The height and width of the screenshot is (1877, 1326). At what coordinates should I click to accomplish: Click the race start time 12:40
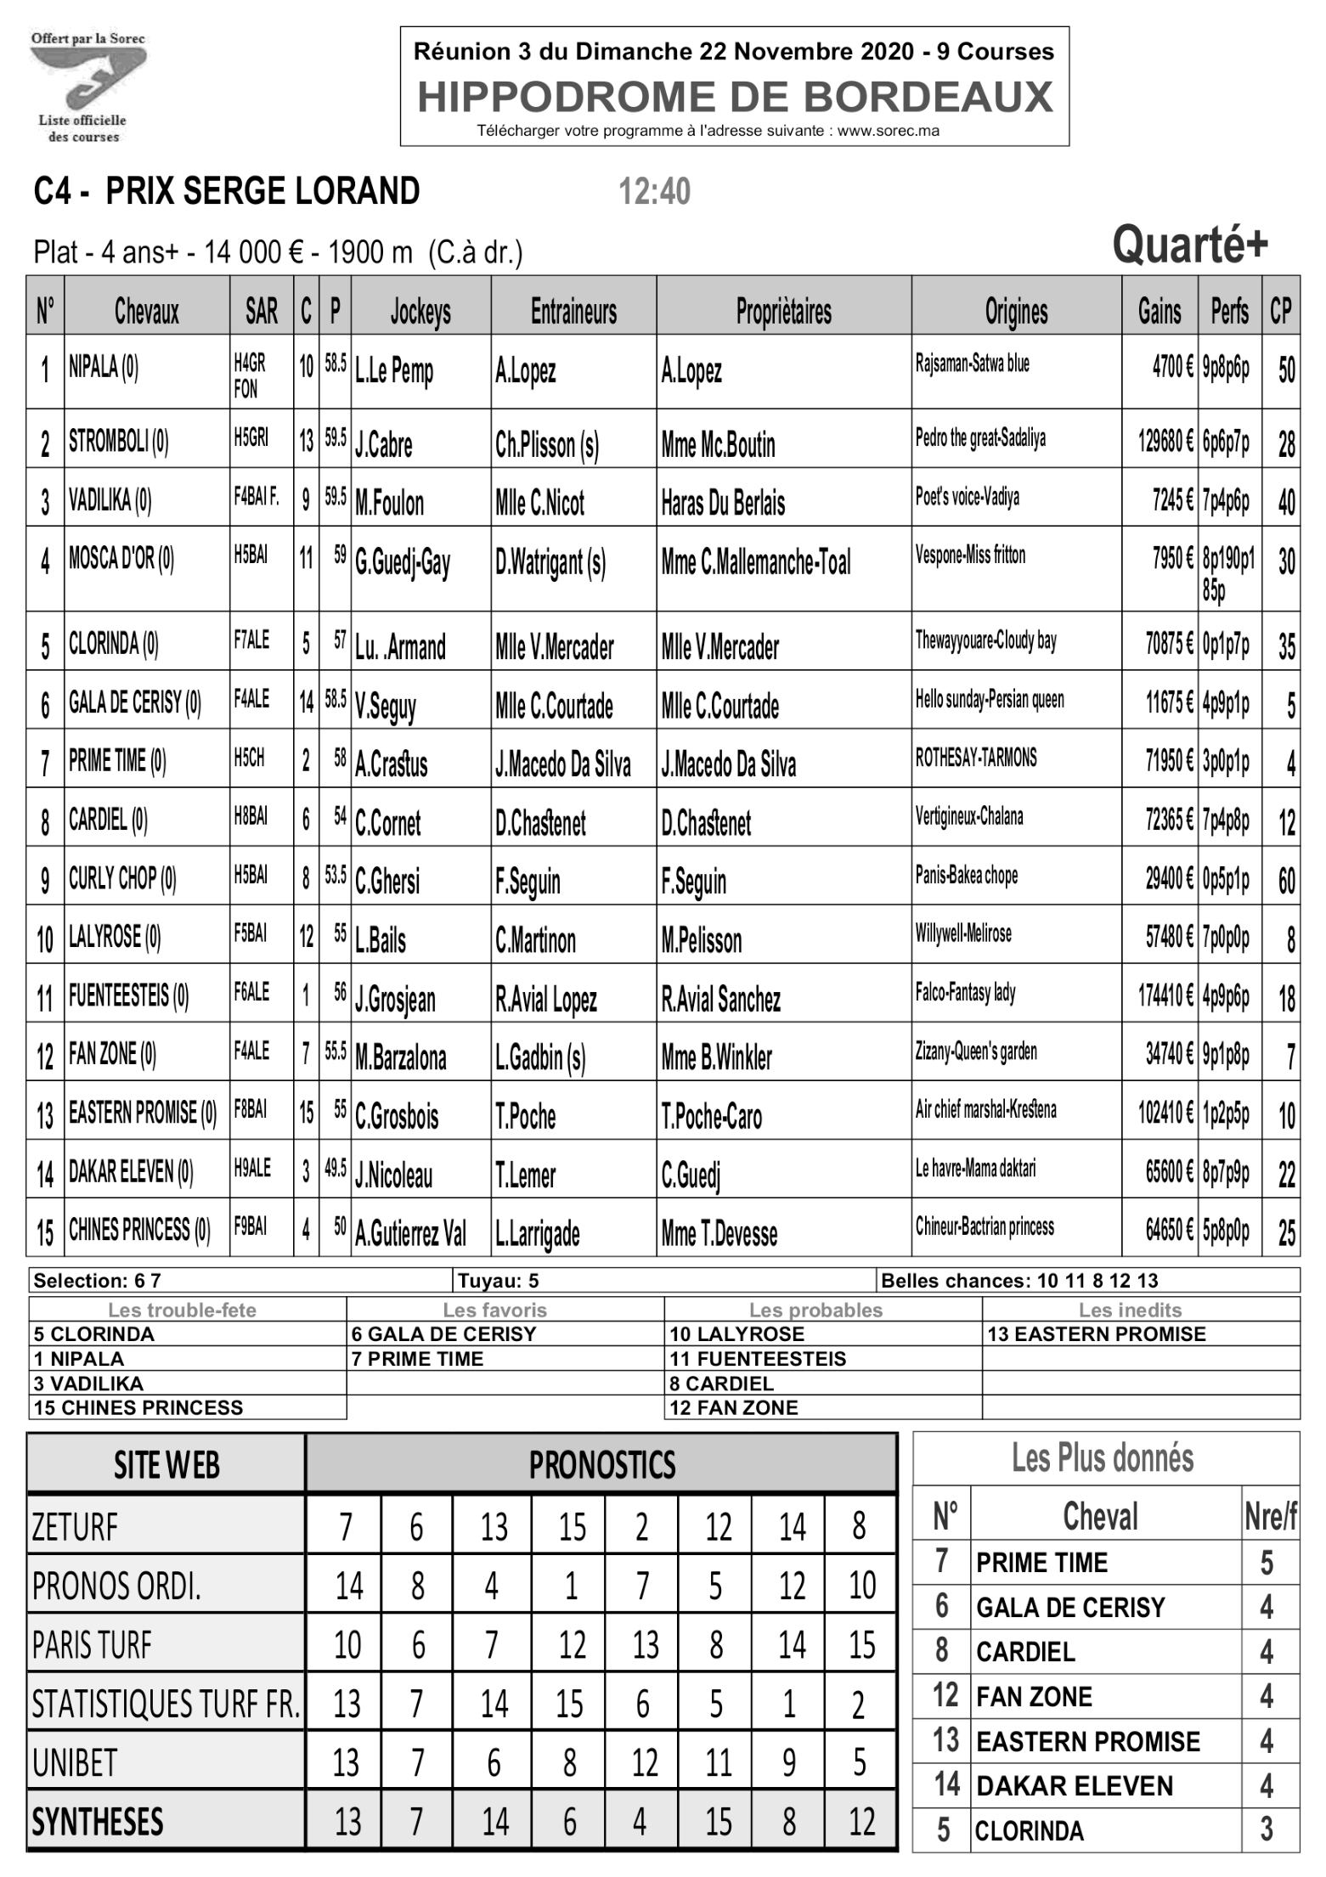(654, 192)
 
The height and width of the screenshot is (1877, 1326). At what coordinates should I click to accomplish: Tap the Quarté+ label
(1190, 245)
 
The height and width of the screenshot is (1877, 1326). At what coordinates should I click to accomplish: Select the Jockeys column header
(420, 312)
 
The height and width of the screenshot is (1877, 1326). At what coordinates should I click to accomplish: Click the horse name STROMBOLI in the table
(118, 442)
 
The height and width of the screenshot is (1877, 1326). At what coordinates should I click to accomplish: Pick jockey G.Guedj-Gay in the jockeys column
(403, 562)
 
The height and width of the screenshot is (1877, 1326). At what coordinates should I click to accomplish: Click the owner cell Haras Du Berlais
(723, 503)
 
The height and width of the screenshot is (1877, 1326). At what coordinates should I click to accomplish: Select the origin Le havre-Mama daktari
(975, 1169)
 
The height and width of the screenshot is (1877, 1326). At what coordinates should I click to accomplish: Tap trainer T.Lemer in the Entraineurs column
(525, 1175)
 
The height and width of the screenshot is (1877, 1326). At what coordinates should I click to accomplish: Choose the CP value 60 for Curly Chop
(1286, 880)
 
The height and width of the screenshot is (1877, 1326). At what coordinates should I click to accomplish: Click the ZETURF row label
(75, 1527)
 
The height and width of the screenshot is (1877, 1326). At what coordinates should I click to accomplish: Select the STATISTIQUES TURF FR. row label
(166, 1704)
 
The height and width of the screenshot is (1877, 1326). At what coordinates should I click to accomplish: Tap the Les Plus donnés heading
(1102, 1458)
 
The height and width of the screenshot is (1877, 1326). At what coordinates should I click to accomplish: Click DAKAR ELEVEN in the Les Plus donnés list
(1074, 1786)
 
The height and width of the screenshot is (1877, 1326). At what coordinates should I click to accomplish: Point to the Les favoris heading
(494, 1310)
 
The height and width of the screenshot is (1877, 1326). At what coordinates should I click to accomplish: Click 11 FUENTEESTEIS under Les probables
(758, 1358)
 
